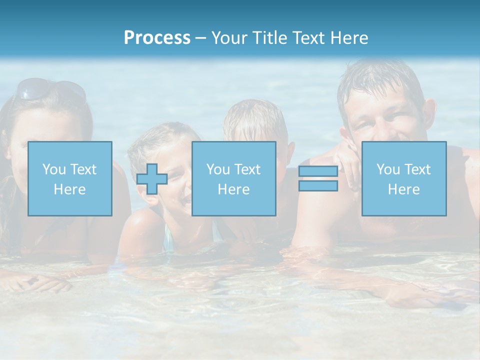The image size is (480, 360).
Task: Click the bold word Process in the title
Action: pos(157,38)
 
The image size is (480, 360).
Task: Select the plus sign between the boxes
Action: pos(152,178)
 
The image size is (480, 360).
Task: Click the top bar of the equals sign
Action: pos(318,171)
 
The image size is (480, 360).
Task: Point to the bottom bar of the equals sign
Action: pos(318,186)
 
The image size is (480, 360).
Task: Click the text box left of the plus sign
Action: pos(70,178)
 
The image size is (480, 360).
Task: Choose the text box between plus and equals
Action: pos(233,178)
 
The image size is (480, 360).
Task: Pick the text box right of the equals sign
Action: pos(404,178)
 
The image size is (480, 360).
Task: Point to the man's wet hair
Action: pos(380,80)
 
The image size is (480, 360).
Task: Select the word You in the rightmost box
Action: pos(387,169)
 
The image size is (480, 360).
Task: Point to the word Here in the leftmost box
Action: pos(69,189)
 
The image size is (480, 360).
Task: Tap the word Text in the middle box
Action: pos(248,169)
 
